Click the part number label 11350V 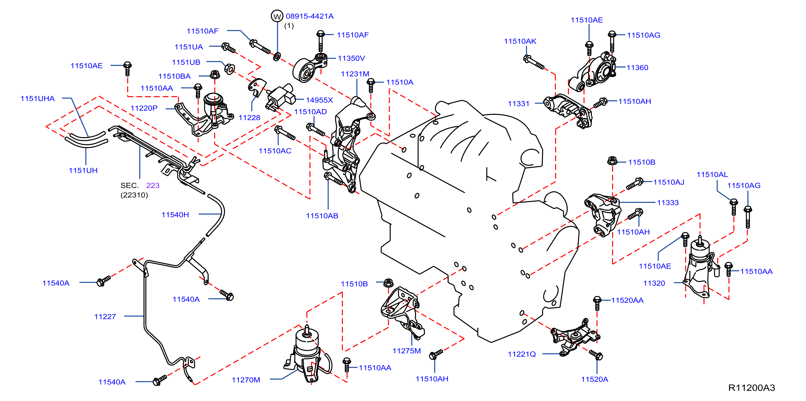351,58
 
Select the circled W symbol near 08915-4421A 277,16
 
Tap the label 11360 637,68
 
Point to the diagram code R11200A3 752,387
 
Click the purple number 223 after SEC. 153,185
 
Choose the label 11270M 246,380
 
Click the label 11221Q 521,354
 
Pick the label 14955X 319,100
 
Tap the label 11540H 175,215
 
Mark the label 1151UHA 38,99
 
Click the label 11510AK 520,41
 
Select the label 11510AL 712,175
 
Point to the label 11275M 406,351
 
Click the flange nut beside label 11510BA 215,75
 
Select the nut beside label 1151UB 230,69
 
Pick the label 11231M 355,74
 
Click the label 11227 105,316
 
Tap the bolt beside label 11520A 596,355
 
